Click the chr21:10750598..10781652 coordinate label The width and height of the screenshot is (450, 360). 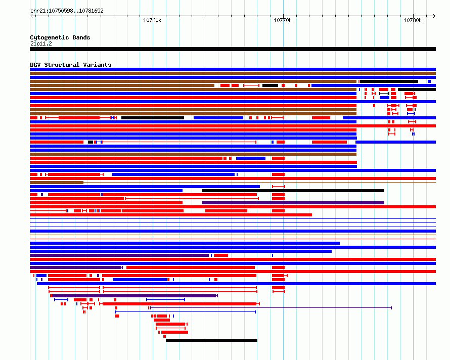67,11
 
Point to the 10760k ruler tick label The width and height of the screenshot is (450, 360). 152,20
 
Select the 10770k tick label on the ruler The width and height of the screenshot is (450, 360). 283,20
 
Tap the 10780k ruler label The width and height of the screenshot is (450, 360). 413,20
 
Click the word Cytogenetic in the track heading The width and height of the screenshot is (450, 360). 50,37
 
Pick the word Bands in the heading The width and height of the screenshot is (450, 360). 81,37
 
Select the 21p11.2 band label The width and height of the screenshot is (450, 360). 41,43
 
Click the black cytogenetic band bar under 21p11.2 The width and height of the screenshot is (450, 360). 233,49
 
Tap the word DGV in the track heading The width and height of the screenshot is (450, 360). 35,65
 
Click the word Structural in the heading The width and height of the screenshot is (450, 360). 62,65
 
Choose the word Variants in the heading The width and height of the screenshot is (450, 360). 97,65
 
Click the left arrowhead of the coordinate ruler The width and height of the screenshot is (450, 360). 31,16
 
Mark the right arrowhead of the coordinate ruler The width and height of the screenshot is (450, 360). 434,16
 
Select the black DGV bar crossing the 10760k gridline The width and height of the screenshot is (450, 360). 153,118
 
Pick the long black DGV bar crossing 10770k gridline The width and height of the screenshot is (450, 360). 293,191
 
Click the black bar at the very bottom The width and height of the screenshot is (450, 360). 211,340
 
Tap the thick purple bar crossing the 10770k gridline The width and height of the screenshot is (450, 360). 293,203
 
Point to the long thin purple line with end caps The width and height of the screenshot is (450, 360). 271,308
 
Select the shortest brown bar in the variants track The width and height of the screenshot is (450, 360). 57,183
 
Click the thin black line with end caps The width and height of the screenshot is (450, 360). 384,94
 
